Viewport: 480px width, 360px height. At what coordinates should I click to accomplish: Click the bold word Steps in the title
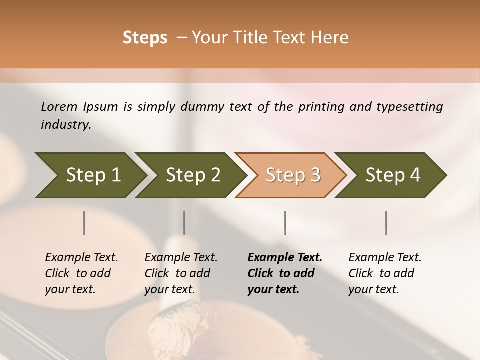click(145, 38)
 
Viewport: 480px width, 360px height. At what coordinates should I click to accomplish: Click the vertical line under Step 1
click(84, 223)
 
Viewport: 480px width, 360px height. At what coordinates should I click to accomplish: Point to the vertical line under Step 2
click(184, 223)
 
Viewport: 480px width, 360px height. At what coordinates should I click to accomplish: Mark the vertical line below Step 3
click(285, 223)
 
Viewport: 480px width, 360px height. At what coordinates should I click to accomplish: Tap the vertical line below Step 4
click(386, 223)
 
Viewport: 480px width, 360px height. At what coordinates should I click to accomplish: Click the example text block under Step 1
click(81, 273)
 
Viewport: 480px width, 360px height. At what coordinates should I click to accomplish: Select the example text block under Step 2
click(181, 273)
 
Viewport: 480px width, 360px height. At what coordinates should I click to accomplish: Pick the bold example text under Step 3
click(285, 273)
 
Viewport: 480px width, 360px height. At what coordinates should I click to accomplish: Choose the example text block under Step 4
click(385, 273)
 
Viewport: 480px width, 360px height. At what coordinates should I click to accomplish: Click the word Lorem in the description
click(59, 107)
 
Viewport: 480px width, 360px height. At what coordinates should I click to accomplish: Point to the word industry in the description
click(66, 125)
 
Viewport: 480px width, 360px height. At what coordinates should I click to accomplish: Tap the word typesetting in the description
click(409, 107)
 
